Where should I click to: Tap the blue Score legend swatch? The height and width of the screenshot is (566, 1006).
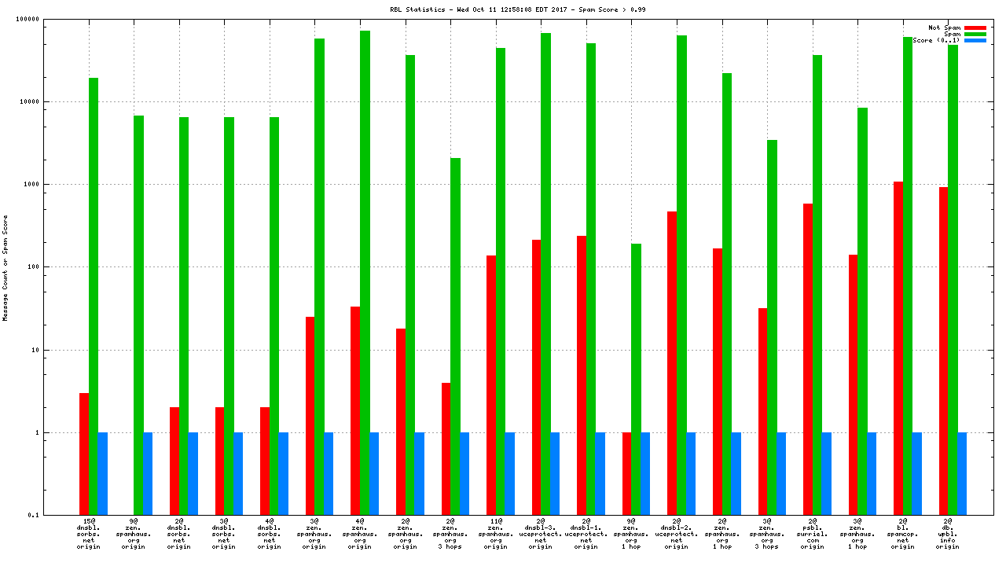pos(975,40)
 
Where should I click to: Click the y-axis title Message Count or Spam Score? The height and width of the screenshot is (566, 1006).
pos(6,267)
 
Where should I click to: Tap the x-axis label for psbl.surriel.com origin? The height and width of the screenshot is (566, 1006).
pos(813,534)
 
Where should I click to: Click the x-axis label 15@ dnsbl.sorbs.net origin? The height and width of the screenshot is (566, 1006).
pos(89,534)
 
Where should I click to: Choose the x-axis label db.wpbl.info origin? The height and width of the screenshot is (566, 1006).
pos(948,534)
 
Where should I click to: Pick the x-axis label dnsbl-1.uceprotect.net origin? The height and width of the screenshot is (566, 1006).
pos(586,534)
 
